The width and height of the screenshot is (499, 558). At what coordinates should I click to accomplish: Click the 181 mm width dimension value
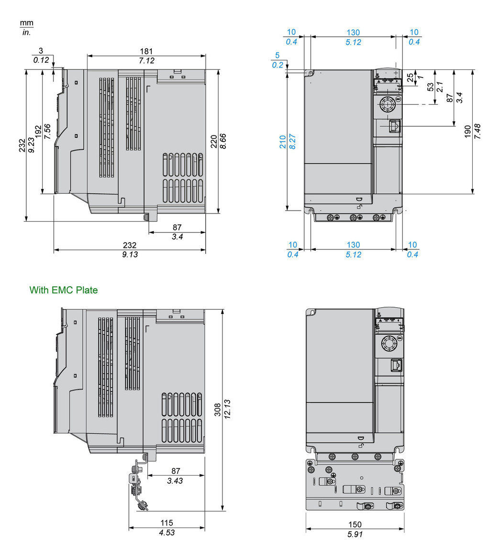tap(146, 51)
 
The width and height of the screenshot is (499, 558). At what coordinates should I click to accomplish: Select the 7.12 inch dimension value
tap(146, 60)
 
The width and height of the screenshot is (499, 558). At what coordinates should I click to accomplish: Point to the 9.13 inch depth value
tap(130, 255)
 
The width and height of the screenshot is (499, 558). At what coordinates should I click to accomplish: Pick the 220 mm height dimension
tap(214, 141)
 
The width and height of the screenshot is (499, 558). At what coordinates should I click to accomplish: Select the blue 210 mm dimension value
tap(283, 141)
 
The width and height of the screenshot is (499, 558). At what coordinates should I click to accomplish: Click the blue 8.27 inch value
tap(292, 141)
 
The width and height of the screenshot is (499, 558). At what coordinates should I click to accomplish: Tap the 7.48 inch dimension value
tap(477, 132)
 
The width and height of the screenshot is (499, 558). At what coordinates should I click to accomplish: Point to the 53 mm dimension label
tap(431, 87)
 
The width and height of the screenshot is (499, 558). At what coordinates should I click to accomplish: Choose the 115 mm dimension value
tap(166, 523)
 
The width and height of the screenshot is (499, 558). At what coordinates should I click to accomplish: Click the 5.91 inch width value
tap(355, 534)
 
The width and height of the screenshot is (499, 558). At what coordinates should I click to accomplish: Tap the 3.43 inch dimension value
tap(175, 480)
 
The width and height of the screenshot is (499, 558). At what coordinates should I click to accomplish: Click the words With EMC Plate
tap(64, 290)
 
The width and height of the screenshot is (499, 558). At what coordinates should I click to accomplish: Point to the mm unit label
tap(27, 23)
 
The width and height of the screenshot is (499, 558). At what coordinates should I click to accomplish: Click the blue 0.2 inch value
tap(277, 65)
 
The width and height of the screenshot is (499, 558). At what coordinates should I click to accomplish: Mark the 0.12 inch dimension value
tap(41, 60)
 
